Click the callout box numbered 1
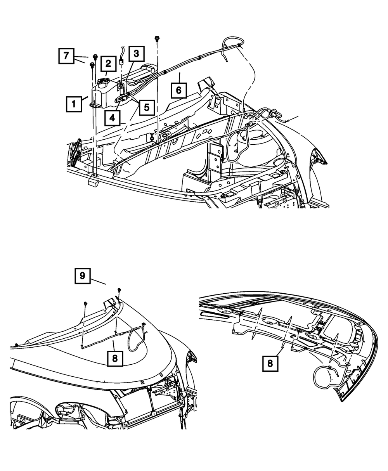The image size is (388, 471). pos(73,104)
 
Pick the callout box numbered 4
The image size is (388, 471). pos(112,118)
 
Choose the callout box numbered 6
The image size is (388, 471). pos(178,90)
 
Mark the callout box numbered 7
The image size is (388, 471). pos(66,56)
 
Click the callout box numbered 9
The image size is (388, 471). pos(83,276)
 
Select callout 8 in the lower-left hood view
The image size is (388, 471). pos(115,358)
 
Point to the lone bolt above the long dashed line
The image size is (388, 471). pos(157,38)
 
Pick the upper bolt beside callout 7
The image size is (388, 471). pos(95,57)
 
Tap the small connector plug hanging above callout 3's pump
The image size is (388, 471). pos(121,61)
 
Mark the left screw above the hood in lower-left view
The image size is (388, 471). pos(85,303)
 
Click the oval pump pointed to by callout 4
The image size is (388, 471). pos(122,99)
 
